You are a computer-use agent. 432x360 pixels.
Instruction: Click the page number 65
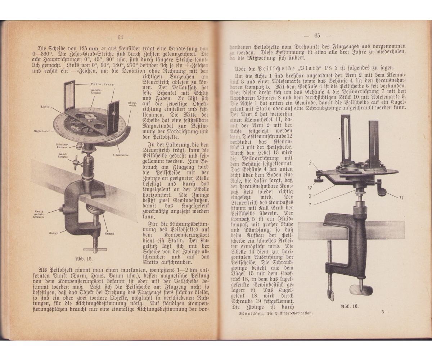[x=317, y=35]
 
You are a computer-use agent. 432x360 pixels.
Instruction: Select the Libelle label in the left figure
[x=45, y=107]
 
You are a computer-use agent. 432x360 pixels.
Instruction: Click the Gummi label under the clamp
[x=110, y=234]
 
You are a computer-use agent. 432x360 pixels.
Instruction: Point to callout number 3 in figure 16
[x=310, y=163]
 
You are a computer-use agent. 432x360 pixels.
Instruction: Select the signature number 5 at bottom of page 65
[x=383, y=312]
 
